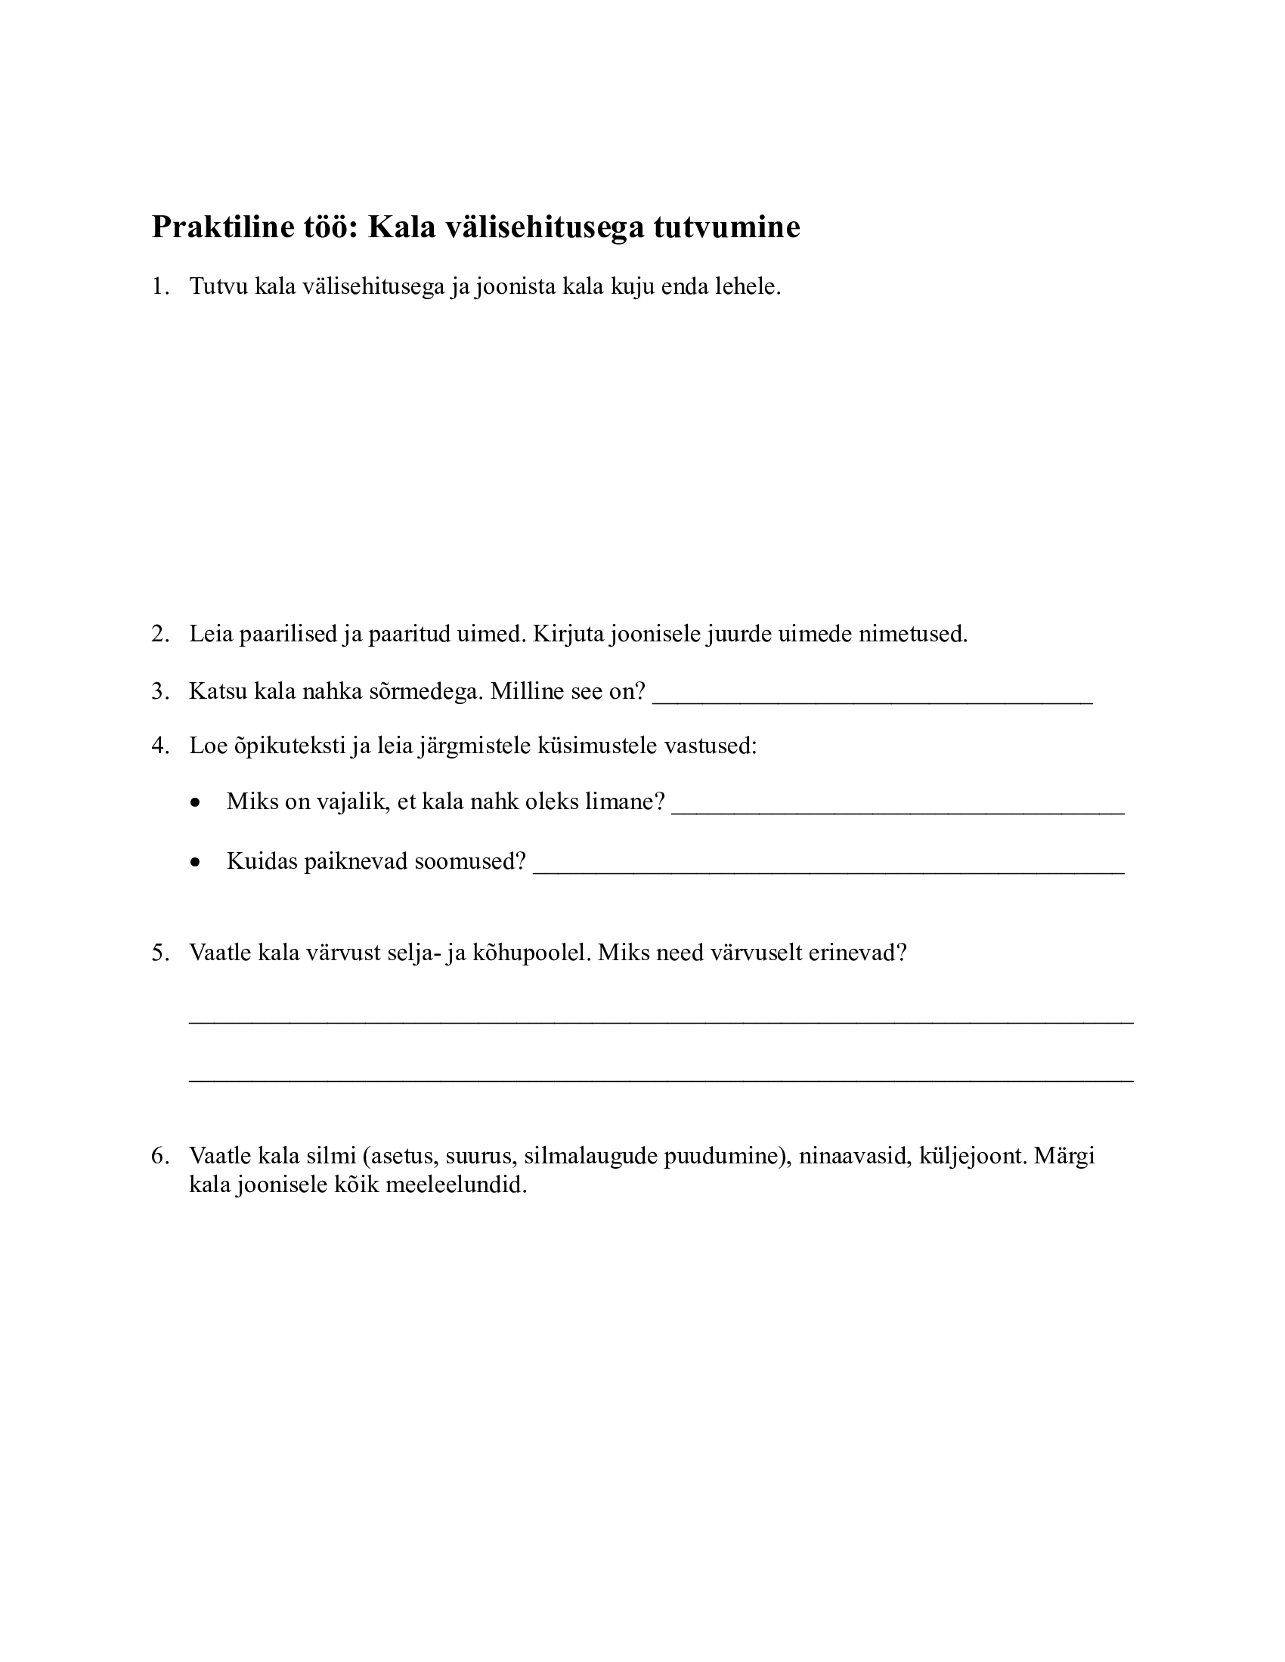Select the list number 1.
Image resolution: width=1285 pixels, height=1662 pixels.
159,286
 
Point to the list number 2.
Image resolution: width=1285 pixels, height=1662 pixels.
159,633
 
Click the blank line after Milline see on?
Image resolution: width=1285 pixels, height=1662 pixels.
872,702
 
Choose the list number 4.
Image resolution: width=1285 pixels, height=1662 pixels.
159,745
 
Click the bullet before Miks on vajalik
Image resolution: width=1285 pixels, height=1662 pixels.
197,803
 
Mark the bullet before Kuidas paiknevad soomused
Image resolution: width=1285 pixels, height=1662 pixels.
197,863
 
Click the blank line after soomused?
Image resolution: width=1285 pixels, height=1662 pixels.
828,872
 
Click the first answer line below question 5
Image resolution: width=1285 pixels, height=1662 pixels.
661,1021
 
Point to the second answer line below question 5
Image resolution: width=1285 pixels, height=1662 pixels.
661,1079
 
